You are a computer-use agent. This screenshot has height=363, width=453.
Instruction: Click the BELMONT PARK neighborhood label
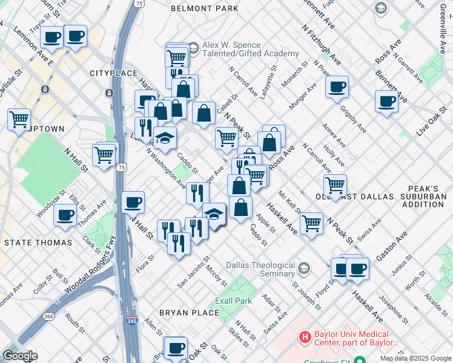(x=204, y=8)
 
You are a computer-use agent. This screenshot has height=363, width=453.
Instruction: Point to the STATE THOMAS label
(x=38, y=242)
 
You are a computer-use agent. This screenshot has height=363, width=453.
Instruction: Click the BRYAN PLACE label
(x=188, y=312)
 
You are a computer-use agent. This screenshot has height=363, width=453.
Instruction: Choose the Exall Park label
(x=233, y=301)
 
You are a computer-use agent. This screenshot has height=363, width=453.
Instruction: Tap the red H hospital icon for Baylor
(x=305, y=336)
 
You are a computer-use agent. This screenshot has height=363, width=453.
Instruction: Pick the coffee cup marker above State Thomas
(x=65, y=215)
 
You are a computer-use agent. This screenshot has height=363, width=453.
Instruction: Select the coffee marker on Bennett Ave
(x=386, y=101)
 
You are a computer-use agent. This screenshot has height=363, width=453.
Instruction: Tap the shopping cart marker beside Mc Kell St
(x=311, y=223)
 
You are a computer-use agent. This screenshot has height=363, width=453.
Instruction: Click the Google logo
(x=20, y=356)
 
